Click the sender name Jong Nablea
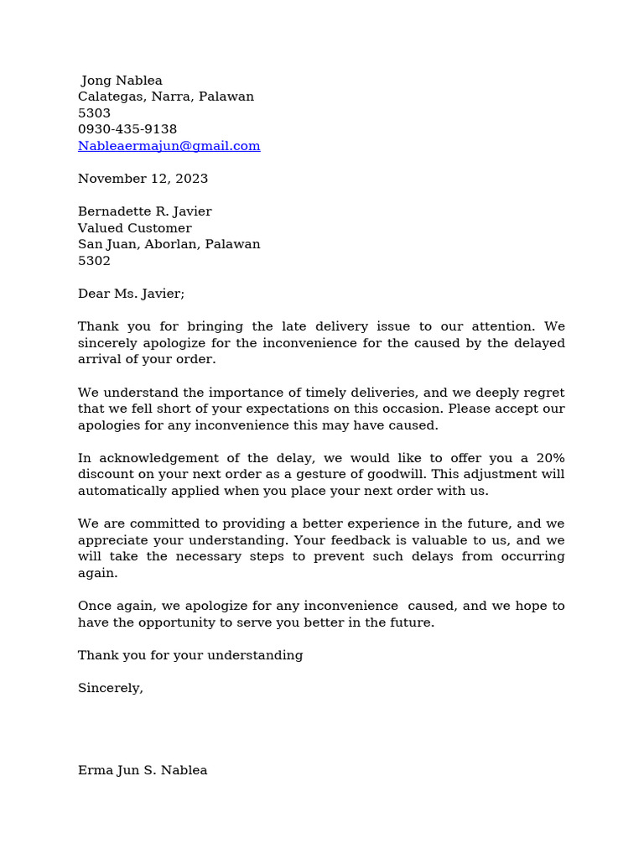122,81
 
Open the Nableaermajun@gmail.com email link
169,146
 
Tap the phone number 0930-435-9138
127,129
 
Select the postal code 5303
94,113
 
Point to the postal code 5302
94,261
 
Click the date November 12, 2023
143,179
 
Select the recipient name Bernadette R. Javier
144,211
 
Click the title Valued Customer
134,228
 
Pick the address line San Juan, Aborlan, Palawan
169,244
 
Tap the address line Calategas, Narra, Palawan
166,96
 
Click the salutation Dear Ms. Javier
131,294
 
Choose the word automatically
120,491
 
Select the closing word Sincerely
110,688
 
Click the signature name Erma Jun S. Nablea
143,770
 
